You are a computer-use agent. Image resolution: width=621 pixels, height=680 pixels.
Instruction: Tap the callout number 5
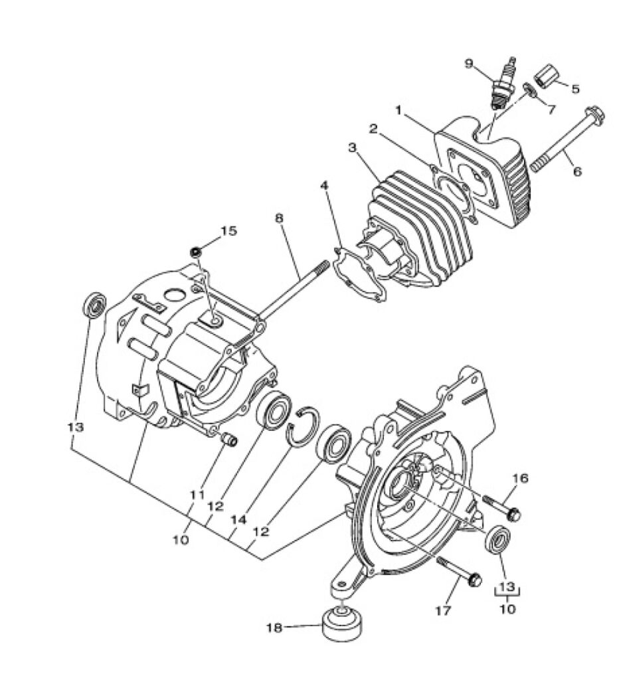pos(575,89)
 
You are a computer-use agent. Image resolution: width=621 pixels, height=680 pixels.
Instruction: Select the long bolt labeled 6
pos(567,141)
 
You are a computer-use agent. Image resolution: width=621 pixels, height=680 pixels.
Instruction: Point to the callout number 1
pos(399,110)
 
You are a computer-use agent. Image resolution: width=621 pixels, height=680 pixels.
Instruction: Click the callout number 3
pos(352,147)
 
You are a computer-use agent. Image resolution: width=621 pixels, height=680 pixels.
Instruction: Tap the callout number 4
pos(324,186)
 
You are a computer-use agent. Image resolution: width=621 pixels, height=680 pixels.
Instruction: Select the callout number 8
pos(279,218)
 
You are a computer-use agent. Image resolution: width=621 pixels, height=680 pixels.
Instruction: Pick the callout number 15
pos(229,230)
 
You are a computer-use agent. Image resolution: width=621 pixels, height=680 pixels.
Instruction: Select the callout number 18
pos(274,628)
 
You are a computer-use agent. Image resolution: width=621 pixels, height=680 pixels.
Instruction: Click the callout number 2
pos(374,129)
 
